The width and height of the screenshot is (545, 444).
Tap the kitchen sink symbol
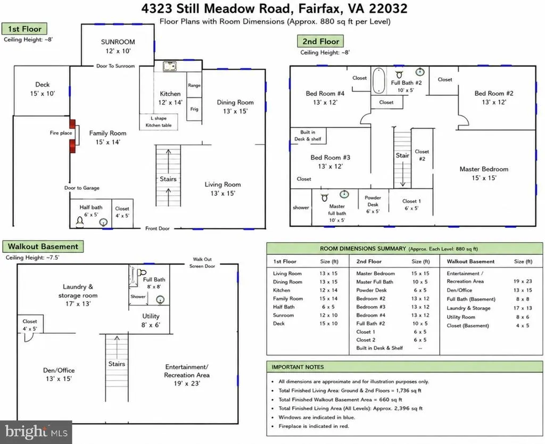click(x=170, y=66)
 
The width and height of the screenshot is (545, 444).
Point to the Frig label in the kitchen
click(x=194, y=109)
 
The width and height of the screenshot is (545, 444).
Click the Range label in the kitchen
click(x=194, y=85)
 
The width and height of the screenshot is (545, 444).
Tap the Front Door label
click(x=158, y=228)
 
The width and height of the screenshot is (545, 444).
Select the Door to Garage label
click(x=81, y=188)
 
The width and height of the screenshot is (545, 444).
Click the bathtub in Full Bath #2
click(x=378, y=80)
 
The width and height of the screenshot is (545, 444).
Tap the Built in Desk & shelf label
click(x=308, y=136)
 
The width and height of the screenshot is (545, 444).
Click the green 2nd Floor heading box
click(x=320, y=42)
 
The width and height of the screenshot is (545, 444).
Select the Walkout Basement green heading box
click(x=43, y=246)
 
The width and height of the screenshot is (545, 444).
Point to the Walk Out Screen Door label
click(x=202, y=262)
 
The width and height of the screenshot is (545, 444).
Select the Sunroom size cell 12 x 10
click(x=328, y=315)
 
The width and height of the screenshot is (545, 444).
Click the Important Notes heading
click(x=298, y=367)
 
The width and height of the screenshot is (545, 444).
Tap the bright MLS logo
click(x=36, y=432)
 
